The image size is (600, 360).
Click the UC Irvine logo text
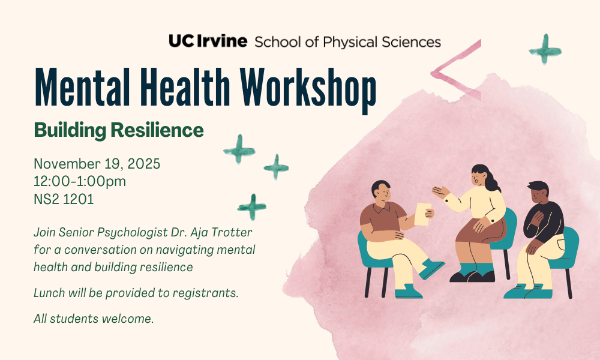coord(208,41)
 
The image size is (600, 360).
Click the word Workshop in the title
coord(308,89)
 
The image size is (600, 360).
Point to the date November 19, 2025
coord(97,164)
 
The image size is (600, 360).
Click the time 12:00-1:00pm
coord(80,181)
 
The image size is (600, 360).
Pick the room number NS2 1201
coord(64,199)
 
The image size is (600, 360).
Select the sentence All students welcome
coord(94,319)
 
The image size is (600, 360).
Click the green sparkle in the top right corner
coord(545,49)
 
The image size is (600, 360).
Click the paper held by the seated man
coord(422,214)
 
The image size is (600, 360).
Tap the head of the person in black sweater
coord(538,193)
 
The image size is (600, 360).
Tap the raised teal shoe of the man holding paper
coord(431,268)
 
